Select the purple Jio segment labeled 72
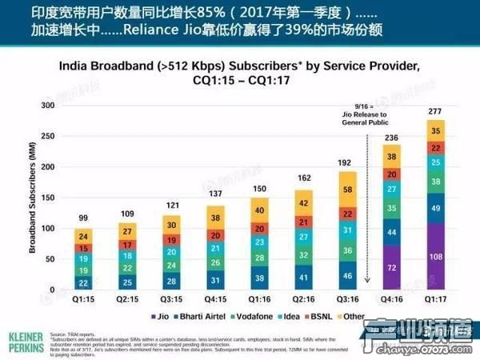(x=392, y=268)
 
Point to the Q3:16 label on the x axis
(x=346, y=301)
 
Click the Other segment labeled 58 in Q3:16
(x=346, y=190)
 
